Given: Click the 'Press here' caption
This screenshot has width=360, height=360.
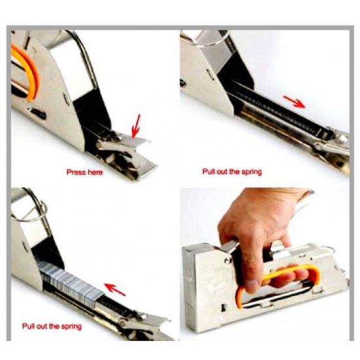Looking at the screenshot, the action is click(x=84, y=172).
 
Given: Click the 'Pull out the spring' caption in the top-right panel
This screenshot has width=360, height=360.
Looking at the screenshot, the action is click(x=232, y=171).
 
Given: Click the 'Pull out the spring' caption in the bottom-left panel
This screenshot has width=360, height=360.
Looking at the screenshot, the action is click(x=52, y=326).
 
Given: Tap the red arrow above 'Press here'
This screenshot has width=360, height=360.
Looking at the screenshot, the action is click(x=135, y=126).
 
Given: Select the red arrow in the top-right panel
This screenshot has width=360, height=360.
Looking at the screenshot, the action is click(x=295, y=101).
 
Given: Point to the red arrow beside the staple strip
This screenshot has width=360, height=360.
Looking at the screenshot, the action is click(x=115, y=289).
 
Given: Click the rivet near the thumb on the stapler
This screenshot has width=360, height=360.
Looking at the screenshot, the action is click(x=228, y=260).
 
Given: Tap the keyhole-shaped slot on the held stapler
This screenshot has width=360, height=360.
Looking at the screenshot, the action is click(x=223, y=308).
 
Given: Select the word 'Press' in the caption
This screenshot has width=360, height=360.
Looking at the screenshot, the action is click(x=74, y=172).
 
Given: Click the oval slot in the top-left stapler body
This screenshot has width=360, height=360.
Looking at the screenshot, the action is click(x=38, y=113).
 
